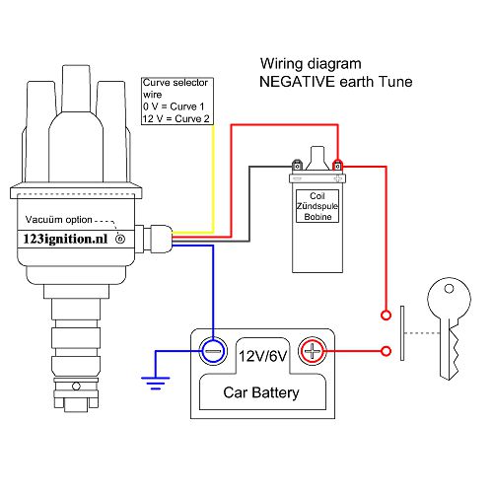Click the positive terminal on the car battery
313,349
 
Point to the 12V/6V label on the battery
262,355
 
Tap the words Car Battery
262,394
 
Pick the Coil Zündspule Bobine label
317,205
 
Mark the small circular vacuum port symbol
121,239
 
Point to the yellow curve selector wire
213,177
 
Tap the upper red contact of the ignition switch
384,316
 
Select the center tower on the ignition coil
317,156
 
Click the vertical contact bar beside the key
402,333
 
